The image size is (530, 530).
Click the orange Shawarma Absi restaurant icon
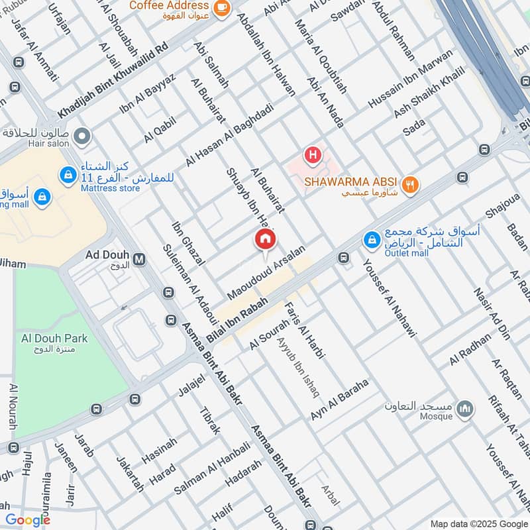coord(411,185)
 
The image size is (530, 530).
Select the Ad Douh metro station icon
coord(139,258)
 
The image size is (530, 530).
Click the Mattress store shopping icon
coord(67,176)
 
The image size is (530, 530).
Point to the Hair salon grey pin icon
coord(81,137)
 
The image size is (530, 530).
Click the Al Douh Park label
coord(53,338)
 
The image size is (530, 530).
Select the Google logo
coord(28,520)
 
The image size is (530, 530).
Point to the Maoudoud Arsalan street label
coord(266,272)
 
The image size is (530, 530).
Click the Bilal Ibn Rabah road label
coord(237,319)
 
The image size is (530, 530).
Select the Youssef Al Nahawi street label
coord(388,297)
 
